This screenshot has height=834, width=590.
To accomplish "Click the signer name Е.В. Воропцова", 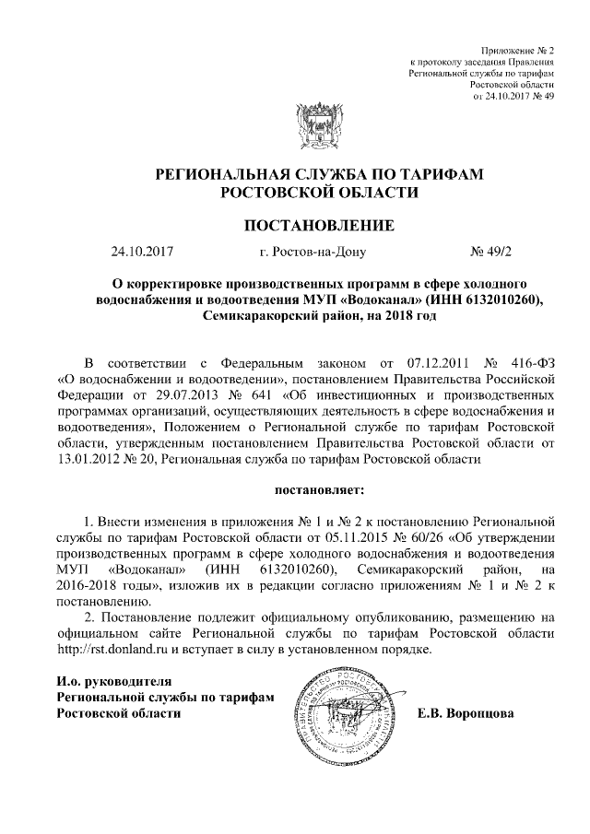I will click(466, 713).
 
